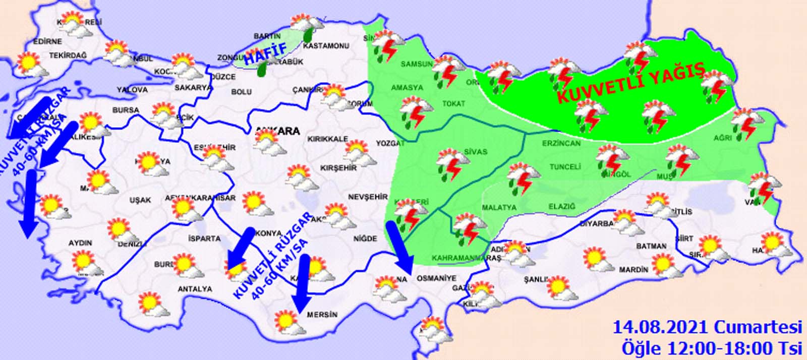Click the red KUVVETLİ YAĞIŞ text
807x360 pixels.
click(x=630, y=82)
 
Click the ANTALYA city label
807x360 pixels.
click(x=195, y=289)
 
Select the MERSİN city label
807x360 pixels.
click(x=322, y=315)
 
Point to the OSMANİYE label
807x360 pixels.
click(x=436, y=278)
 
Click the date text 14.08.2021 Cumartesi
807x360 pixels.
click(x=707, y=327)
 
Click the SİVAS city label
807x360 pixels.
click(x=476, y=151)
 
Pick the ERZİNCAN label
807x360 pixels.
click(x=561, y=143)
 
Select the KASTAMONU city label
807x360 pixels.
click(x=326, y=46)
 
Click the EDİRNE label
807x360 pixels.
click(x=47, y=41)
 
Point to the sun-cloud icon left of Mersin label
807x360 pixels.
click(x=289, y=323)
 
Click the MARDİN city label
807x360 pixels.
click(x=633, y=270)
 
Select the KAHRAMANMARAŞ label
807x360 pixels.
click(x=466, y=258)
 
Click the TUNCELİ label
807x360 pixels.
click(x=565, y=166)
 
